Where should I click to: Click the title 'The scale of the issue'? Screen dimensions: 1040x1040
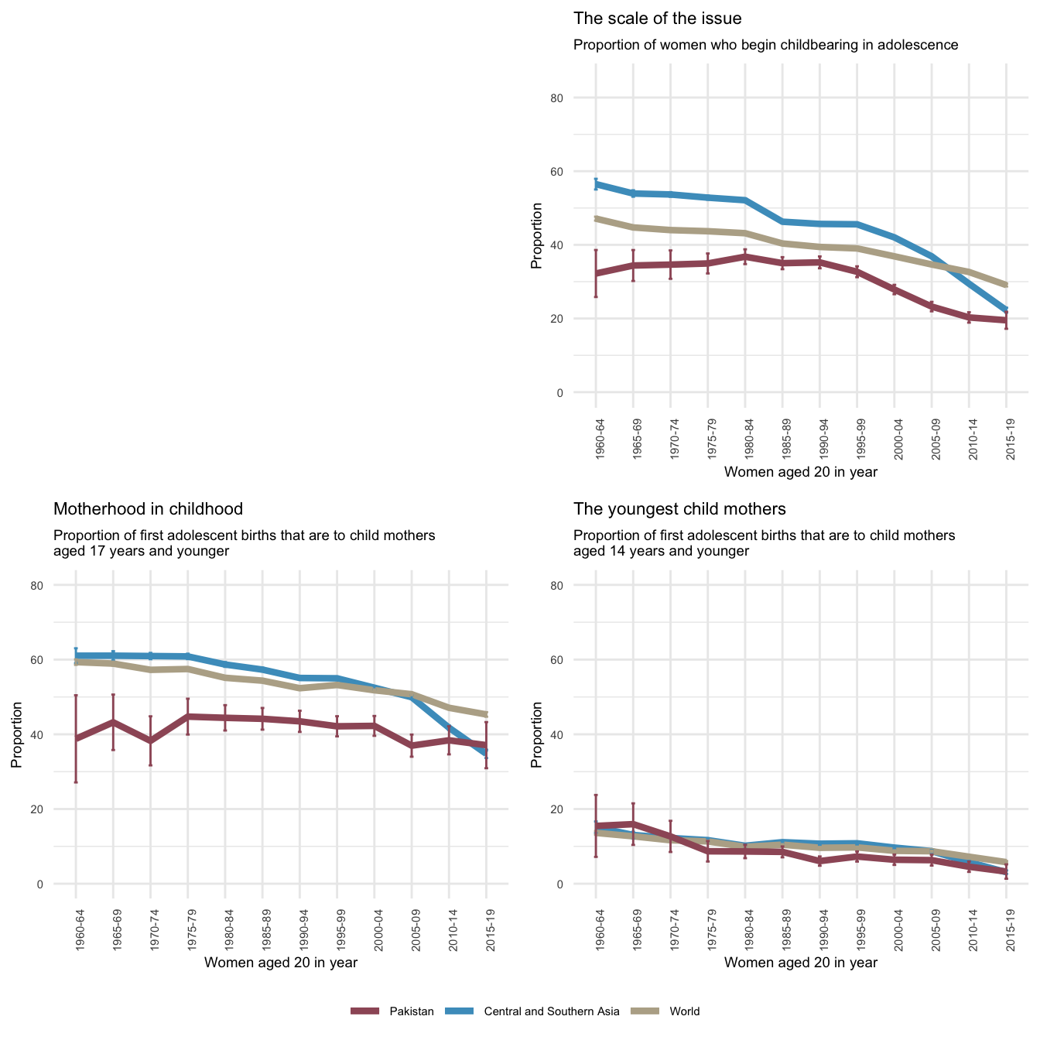tap(657, 18)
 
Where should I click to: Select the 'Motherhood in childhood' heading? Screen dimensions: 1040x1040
tap(148, 508)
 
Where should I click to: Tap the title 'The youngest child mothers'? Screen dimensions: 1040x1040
tap(679, 508)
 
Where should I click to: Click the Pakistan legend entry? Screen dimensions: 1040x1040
tap(411, 1011)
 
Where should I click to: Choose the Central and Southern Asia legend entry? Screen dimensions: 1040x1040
tap(551, 1011)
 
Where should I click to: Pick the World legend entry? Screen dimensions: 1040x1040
tap(684, 1011)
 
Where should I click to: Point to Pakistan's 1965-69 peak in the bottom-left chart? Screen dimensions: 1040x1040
tap(113, 722)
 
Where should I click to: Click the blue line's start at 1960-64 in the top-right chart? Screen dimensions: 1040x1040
tap(596, 183)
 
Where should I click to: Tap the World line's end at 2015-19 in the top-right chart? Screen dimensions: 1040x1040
tap(1006, 285)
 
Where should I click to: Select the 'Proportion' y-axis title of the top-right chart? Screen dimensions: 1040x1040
tap(536, 236)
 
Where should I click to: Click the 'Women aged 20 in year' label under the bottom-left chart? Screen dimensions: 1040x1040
tap(280, 963)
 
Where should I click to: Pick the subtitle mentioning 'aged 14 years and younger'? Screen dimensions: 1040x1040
tap(764, 543)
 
